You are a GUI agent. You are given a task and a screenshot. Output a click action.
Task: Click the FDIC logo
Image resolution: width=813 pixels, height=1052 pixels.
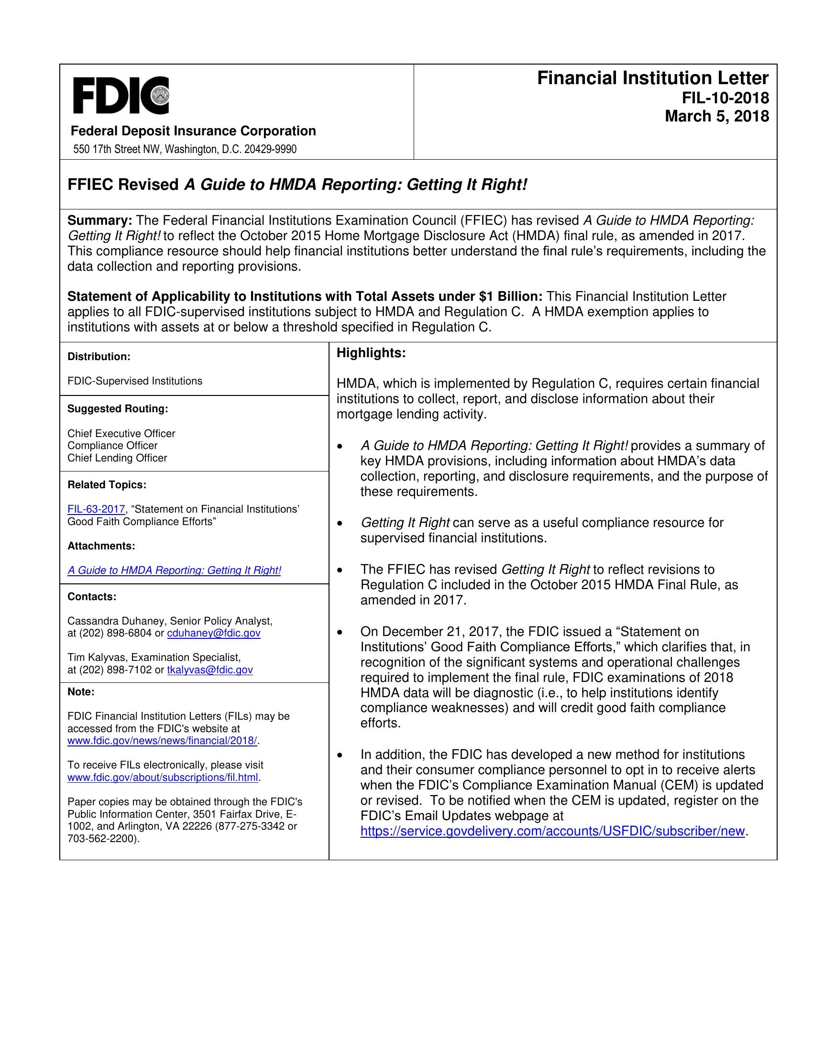tap(121, 95)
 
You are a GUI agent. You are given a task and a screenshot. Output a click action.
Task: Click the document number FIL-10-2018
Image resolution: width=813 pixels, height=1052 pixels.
tap(725, 98)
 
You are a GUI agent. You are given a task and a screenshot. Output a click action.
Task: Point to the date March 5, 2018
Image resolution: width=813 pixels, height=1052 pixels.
tap(717, 117)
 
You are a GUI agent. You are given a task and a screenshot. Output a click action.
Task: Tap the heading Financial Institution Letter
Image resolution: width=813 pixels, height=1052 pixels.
tap(653, 78)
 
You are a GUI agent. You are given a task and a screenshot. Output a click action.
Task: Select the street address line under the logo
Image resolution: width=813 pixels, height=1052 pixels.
tap(185, 149)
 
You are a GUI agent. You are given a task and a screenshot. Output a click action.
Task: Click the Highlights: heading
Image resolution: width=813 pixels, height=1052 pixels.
tap(371, 353)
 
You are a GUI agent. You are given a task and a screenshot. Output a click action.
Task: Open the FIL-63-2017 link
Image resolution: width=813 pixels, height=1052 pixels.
tap(96, 509)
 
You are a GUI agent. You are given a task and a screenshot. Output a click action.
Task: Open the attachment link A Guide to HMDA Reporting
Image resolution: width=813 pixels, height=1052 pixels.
tap(175, 570)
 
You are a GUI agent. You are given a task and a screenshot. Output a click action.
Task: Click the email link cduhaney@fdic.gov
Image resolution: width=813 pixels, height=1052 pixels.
tap(213, 633)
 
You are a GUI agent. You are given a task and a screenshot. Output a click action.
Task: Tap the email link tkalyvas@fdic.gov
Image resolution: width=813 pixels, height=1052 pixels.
tap(209, 670)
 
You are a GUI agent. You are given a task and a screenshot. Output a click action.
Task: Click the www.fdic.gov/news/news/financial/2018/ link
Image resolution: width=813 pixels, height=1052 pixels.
tap(163, 740)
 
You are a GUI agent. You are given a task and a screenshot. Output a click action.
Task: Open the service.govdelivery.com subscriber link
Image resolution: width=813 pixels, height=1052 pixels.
tap(552, 832)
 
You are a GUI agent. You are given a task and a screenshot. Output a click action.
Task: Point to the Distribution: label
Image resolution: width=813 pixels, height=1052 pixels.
tap(99, 357)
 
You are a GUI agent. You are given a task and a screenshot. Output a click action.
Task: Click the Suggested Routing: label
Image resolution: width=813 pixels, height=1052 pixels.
tap(118, 409)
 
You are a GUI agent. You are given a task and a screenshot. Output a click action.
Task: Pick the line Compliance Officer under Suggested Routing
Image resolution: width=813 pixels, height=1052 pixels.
tap(112, 446)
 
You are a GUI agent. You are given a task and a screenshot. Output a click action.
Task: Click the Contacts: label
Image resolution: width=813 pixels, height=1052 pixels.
tap(92, 597)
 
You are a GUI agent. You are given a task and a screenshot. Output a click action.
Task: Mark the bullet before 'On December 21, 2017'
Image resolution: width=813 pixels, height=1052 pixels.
tap(341, 632)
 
